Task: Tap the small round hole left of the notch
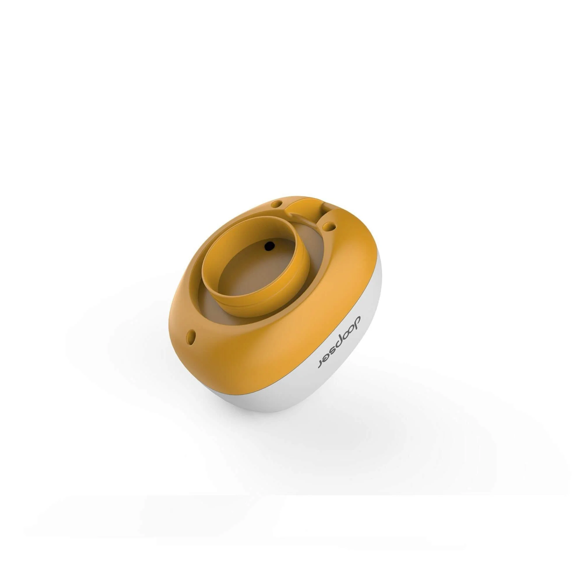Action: click(276, 204)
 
